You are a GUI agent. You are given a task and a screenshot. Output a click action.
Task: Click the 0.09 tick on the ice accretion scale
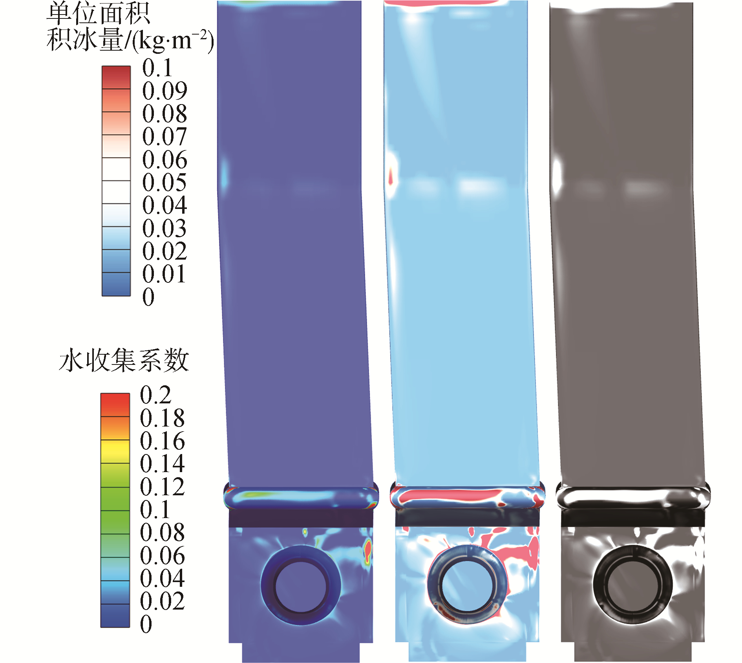(164, 91)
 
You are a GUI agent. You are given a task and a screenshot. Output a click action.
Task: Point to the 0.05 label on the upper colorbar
(164, 182)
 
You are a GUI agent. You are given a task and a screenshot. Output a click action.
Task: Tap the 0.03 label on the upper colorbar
(164, 228)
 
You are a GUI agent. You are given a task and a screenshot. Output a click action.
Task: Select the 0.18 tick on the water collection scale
(162, 418)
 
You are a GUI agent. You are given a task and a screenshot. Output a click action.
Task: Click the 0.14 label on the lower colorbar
(162, 464)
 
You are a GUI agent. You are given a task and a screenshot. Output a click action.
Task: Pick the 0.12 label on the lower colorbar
(162, 487)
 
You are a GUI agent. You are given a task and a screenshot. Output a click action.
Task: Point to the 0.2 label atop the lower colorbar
(155, 395)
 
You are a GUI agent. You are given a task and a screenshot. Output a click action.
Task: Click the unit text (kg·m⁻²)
(173, 41)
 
